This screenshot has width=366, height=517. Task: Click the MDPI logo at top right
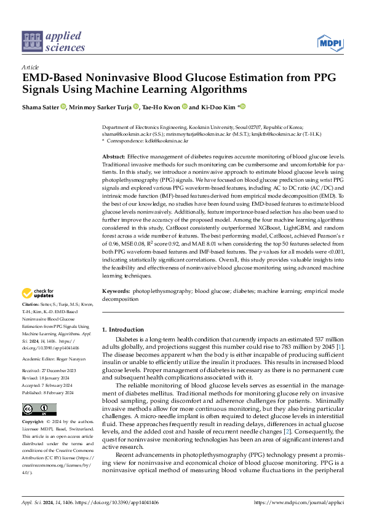(330, 42)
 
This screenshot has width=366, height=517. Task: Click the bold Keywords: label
(116, 290)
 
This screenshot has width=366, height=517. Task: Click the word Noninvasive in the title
(118, 78)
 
